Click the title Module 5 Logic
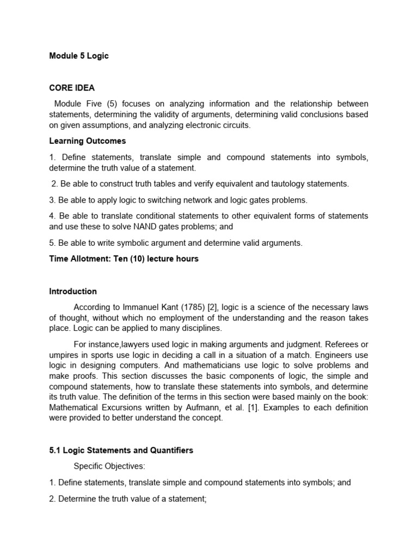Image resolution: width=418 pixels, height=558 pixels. (79, 56)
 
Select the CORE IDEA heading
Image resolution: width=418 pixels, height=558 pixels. (72, 88)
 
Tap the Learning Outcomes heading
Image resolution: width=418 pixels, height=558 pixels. (87, 141)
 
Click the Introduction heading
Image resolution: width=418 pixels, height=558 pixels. (73, 292)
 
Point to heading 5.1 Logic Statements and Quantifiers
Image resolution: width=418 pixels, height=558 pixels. (121, 451)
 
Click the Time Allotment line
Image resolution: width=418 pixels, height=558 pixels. (124, 259)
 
